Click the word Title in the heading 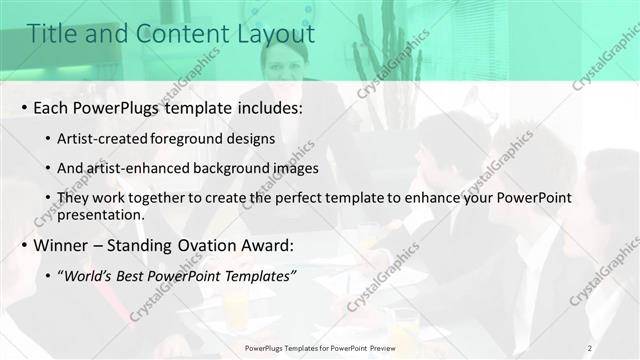coord(50,34)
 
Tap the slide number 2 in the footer coord(589,348)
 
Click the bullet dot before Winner coord(23,246)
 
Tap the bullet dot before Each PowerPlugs coord(23,107)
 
